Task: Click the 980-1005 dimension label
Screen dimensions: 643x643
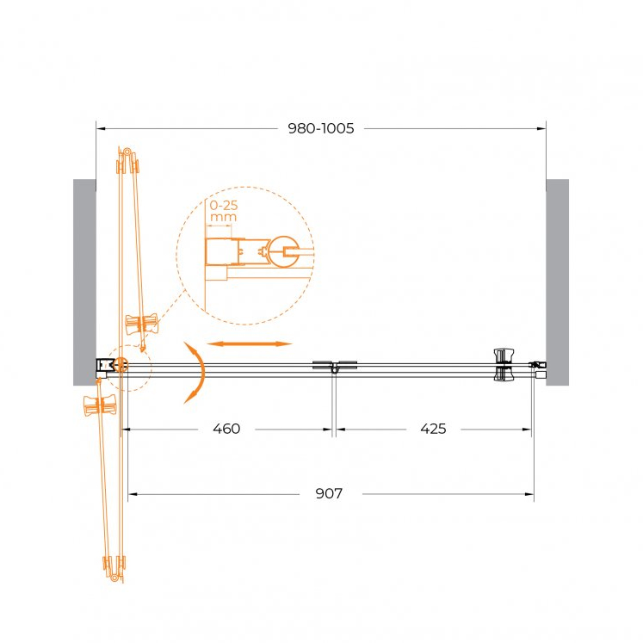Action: (321, 128)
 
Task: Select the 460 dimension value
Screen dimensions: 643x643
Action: (226, 429)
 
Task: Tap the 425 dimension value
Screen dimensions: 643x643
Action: (433, 429)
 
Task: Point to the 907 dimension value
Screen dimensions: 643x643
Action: (329, 493)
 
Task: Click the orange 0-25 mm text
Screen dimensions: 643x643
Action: (224, 211)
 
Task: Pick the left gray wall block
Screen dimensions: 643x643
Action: (85, 282)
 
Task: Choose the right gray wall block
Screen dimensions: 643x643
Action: (557, 282)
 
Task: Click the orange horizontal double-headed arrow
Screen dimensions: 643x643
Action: (250, 343)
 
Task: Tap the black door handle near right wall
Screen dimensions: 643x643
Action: (504, 365)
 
